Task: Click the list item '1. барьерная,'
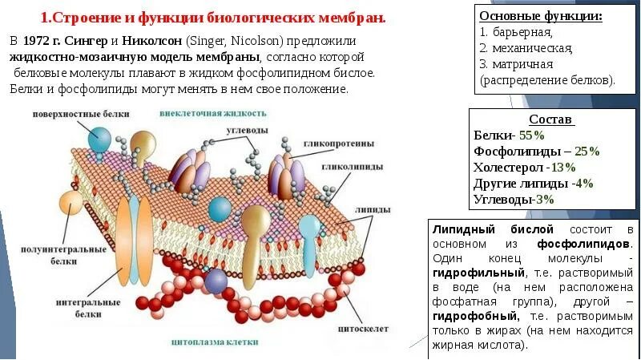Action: (x=516, y=32)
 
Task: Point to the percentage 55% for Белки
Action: (x=532, y=136)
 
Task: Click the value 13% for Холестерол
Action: (x=562, y=168)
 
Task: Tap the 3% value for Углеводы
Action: (x=545, y=199)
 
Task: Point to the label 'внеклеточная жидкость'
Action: (x=213, y=113)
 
